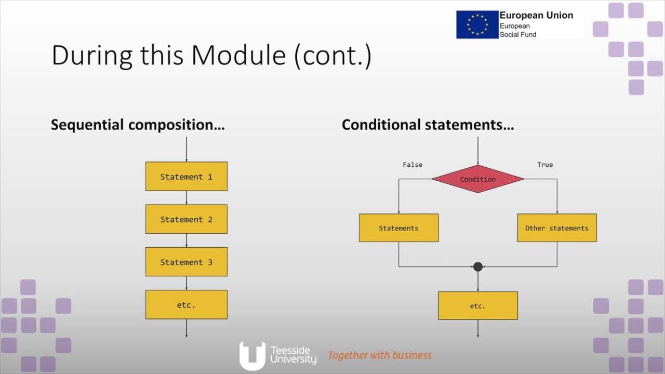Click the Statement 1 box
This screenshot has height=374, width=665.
click(186, 177)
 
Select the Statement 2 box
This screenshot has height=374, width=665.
click(186, 219)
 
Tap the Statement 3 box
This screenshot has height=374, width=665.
click(186, 262)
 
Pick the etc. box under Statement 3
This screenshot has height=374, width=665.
click(186, 305)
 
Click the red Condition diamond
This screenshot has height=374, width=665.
click(477, 179)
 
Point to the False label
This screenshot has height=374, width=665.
click(413, 165)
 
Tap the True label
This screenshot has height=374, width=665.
click(545, 165)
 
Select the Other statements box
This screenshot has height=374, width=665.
click(556, 228)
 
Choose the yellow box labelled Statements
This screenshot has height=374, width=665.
click(398, 228)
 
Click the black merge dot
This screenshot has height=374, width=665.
click(478, 267)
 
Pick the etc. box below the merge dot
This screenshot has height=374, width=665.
click(477, 305)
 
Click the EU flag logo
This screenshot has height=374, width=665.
click(477, 24)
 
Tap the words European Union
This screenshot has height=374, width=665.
click(536, 16)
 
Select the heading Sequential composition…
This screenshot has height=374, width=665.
click(138, 125)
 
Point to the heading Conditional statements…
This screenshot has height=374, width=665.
click(428, 125)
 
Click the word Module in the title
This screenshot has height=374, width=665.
click(238, 55)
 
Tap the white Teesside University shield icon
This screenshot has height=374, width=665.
click(252, 355)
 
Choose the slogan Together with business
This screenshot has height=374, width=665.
click(380, 355)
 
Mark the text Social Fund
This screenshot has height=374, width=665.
click(518, 35)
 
